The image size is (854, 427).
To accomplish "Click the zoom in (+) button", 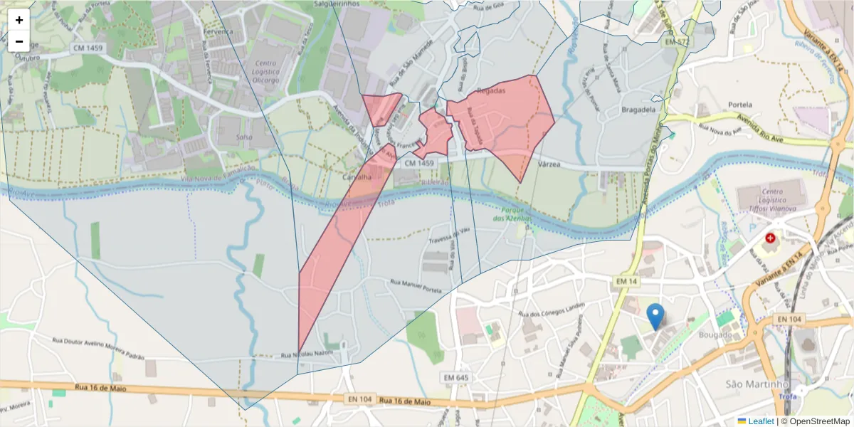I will [x=19, y=20].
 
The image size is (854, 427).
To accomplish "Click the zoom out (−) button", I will [x=19, y=41].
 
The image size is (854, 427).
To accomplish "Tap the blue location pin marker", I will [x=655, y=316].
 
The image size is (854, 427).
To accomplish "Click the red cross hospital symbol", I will [x=770, y=238].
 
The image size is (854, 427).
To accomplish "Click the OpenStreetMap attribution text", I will [x=816, y=421].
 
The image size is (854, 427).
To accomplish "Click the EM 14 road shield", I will [x=624, y=283].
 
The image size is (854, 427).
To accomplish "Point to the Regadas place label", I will [x=491, y=91].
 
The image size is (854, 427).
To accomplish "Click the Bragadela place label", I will [x=638, y=110].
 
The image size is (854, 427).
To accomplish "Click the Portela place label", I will [x=741, y=105].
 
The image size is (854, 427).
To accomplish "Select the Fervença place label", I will [x=218, y=32].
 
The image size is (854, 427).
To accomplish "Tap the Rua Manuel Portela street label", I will [x=416, y=286].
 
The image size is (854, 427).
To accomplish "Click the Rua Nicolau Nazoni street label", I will [x=307, y=354].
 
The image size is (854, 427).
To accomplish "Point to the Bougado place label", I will [x=715, y=334].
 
